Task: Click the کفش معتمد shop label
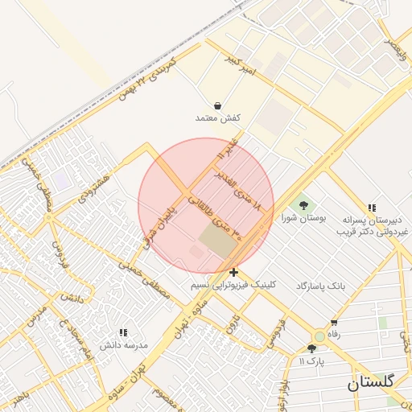218,118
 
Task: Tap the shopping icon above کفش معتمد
218,105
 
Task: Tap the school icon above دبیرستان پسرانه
372,207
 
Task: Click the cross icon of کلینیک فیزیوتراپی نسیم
233,273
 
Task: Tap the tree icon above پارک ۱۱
311,348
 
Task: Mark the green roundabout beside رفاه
319,336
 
